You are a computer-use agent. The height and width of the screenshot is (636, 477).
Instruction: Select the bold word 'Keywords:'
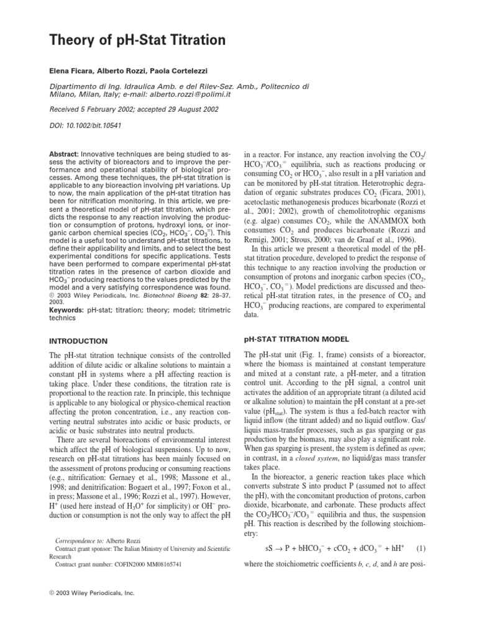point(67,309)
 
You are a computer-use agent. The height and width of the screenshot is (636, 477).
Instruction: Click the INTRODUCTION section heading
point(79,341)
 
